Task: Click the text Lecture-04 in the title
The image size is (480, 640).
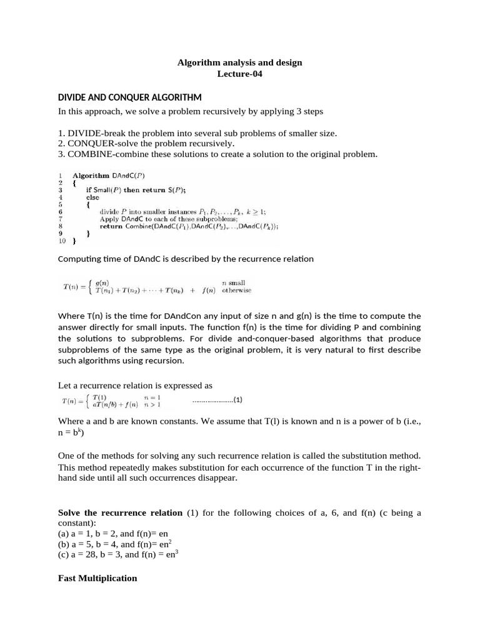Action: (x=239, y=74)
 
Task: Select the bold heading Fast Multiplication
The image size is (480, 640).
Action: (x=97, y=578)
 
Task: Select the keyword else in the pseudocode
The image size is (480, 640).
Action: (x=92, y=197)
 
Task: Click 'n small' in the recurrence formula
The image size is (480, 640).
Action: (x=234, y=282)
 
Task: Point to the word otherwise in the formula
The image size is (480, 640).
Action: (x=237, y=291)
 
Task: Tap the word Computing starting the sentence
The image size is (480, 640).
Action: (x=79, y=259)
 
